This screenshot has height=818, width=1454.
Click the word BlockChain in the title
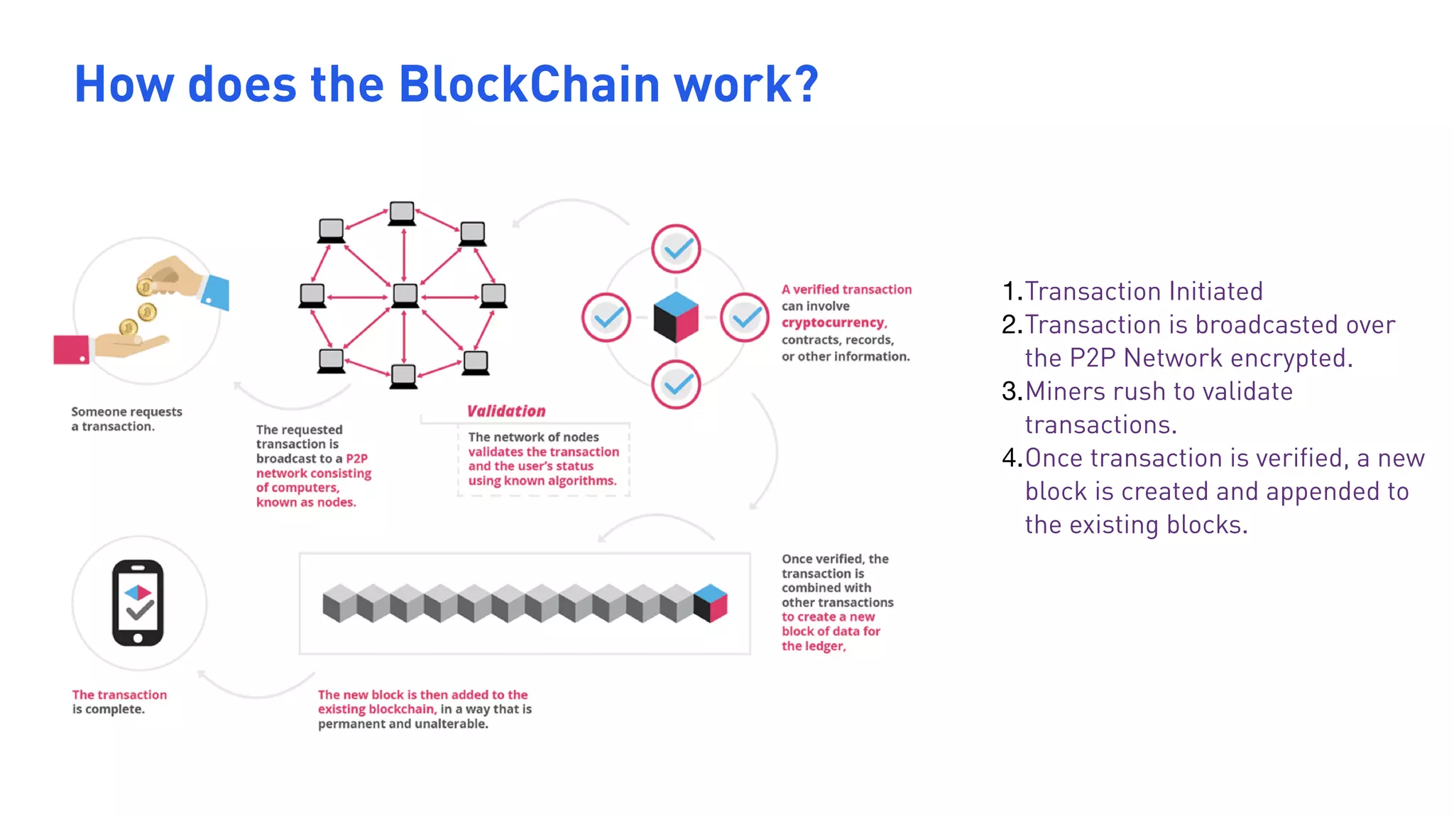tap(530, 84)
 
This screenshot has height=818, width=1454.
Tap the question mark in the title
tap(805, 84)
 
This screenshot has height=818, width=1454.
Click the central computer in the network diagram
tap(405, 295)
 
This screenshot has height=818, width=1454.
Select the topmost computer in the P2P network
tap(402, 213)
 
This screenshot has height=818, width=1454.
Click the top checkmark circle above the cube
tap(676, 249)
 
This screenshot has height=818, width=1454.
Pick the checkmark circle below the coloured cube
tap(676, 384)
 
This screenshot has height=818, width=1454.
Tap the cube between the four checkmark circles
tap(676, 317)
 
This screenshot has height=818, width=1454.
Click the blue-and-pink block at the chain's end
tap(710, 603)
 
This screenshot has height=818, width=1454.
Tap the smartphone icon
tap(138, 603)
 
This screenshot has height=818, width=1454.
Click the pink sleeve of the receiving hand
tap(71, 349)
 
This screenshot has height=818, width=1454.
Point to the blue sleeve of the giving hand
tap(216, 291)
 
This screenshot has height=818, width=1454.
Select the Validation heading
tap(506, 411)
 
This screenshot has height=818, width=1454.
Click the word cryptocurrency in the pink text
tap(833, 323)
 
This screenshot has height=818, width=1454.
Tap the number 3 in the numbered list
tap(1010, 391)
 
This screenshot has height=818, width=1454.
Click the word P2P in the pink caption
tap(356, 459)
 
